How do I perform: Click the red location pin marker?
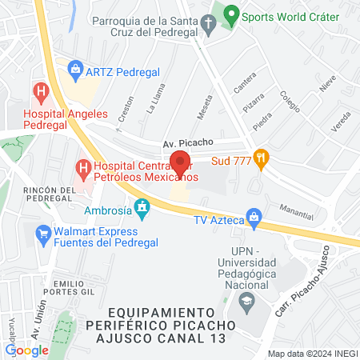pyautogui.click(x=180, y=163)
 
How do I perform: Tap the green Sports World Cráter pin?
pyautogui.click(x=231, y=14)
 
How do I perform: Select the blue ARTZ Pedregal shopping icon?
pyautogui.click(x=75, y=70)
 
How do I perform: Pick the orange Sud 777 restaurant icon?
pyautogui.click(x=260, y=157)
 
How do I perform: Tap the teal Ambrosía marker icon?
pyautogui.click(x=142, y=208)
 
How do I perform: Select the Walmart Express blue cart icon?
pyautogui.click(x=43, y=234)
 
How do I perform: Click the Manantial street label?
pyautogui.click(x=297, y=207)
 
